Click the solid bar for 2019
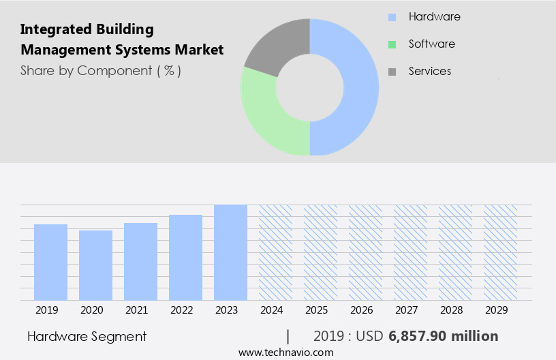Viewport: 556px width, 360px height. click(x=50, y=262)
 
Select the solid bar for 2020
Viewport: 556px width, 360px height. click(x=95, y=265)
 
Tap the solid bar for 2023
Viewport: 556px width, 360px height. click(x=230, y=252)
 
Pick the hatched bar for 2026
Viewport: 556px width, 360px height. click(x=365, y=252)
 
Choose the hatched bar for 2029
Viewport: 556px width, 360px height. click(x=500, y=252)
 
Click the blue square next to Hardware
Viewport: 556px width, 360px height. click(x=392, y=17)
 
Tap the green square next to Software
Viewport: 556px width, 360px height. click(x=392, y=44)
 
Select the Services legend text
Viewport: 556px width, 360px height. click(x=429, y=71)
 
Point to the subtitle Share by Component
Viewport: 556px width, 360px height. click(x=100, y=70)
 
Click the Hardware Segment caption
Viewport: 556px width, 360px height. click(x=87, y=336)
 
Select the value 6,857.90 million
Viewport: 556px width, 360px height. click(x=443, y=336)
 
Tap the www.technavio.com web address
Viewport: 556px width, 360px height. click(x=285, y=352)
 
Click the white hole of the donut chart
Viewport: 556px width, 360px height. click(x=309, y=87)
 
